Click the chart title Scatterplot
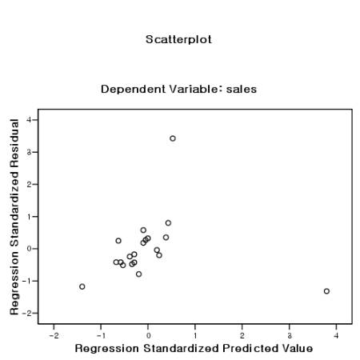178,39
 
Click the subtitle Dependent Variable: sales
178,89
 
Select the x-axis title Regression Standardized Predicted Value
194,349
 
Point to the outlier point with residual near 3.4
172,138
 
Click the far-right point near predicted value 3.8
326,291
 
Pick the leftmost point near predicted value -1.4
82,286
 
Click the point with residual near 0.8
168,223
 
